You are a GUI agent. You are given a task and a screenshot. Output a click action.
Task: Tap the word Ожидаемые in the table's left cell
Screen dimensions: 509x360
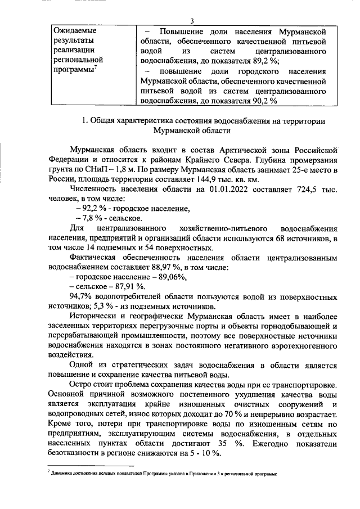click(x=74, y=30)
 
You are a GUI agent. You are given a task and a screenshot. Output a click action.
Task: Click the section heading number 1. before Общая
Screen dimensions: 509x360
click(x=85, y=120)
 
